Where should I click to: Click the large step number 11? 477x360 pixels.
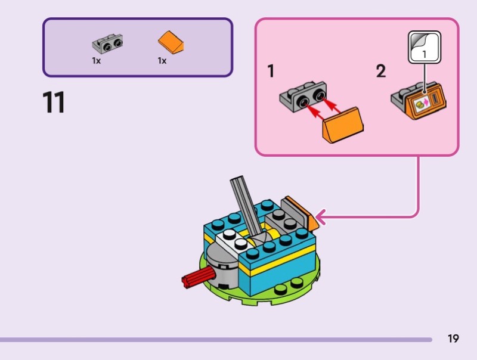coord(54,103)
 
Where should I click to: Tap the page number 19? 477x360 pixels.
coord(453,339)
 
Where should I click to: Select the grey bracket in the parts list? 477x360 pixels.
coord(109,44)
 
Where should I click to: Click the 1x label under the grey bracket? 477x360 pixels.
coord(97,61)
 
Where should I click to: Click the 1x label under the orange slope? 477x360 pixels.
coord(162,61)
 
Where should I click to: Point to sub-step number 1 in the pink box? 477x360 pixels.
coord(271,72)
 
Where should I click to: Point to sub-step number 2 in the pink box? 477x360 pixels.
coord(380,72)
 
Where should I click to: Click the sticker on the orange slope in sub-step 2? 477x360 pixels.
coord(422,104)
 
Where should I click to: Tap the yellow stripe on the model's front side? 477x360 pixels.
coord(280,268)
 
